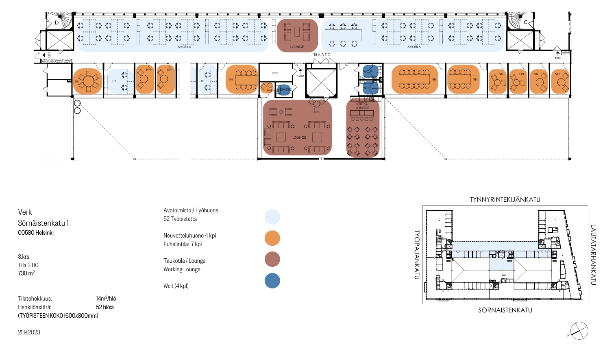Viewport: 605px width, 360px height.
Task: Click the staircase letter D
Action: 57,23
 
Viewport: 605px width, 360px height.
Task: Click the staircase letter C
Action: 525,22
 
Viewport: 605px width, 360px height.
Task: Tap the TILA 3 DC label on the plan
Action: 322,55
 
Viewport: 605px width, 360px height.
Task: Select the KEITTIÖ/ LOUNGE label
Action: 362,106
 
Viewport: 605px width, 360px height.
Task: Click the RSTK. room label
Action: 275,73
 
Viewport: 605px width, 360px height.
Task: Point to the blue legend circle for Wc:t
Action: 272,281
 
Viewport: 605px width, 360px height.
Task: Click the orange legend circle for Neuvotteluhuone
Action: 272,238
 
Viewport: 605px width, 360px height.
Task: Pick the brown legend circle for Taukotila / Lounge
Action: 272,259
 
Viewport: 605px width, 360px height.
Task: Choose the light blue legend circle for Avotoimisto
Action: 272,217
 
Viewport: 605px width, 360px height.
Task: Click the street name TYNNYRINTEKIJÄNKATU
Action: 505,199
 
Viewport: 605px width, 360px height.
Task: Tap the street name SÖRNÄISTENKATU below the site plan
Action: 505,310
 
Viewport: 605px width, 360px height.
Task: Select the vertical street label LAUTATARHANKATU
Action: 593,255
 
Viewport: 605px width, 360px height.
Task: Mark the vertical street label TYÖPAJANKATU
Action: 416,255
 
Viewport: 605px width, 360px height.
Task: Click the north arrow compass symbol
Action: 579,330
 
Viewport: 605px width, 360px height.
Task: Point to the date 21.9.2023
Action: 29,332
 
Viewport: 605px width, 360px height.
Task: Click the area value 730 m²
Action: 26,273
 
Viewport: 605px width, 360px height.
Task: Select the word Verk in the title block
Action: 25,212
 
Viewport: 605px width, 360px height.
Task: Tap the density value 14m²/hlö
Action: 106,299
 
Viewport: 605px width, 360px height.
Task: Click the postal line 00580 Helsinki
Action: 36,233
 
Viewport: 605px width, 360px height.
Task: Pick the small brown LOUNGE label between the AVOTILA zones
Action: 297,47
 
